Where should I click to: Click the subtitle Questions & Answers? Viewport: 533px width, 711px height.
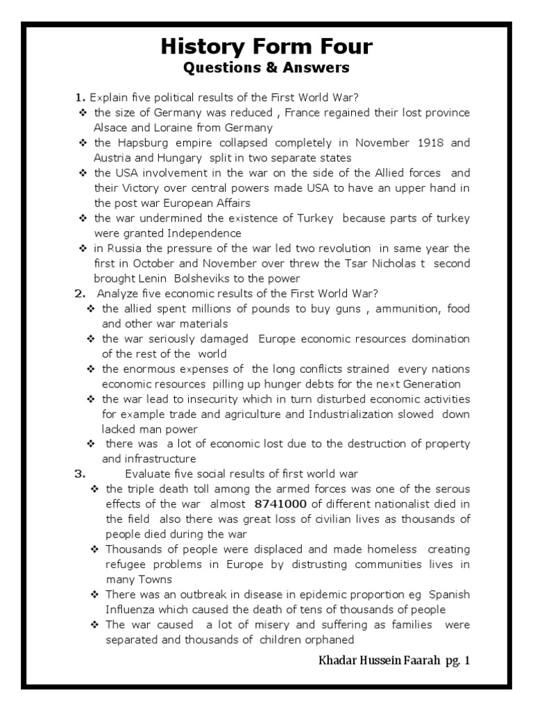coord(266,68)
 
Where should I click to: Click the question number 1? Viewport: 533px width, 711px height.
coord(81,97)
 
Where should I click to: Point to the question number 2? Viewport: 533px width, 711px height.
coord(80,294)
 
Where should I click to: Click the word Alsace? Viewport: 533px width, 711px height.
coord(111,128)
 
